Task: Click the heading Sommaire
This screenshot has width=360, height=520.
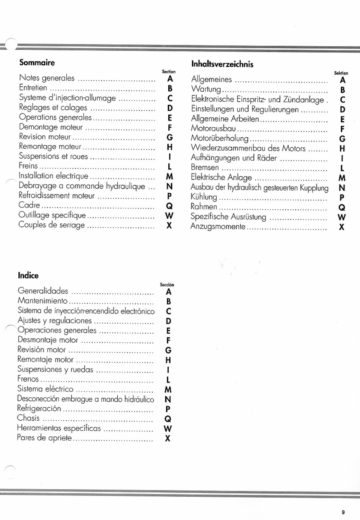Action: coord(37,63)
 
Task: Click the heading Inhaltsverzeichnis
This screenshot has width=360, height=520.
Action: coord(222,64)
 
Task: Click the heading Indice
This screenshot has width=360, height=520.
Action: coord(28,275)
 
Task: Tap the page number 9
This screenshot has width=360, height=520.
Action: coord(343,512)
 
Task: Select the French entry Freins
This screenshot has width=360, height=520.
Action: coord(28,166)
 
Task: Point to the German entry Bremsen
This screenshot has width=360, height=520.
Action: coord(205,168)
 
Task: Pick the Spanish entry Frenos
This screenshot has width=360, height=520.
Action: coord(28,379)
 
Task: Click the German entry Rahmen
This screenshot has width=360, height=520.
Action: coord(204,207)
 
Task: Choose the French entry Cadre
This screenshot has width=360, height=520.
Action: coord(29,205)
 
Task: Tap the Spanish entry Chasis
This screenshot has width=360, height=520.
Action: coord(28,418)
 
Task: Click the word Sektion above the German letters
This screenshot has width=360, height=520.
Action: coord(341,73)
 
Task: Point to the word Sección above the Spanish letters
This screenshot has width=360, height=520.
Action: coord(167,285)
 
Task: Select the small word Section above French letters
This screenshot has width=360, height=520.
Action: coord(169,72)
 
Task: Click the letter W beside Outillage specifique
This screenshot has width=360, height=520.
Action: coord(169,216)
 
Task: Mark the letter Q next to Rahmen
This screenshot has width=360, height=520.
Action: coord(342,207)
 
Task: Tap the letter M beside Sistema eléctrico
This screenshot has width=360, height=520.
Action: coord(168,390)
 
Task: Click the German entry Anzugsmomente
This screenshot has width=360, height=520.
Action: coord(218,227)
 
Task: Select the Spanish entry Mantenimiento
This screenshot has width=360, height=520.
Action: coord(43,301)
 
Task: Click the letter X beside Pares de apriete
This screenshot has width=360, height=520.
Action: coord(168,438)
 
